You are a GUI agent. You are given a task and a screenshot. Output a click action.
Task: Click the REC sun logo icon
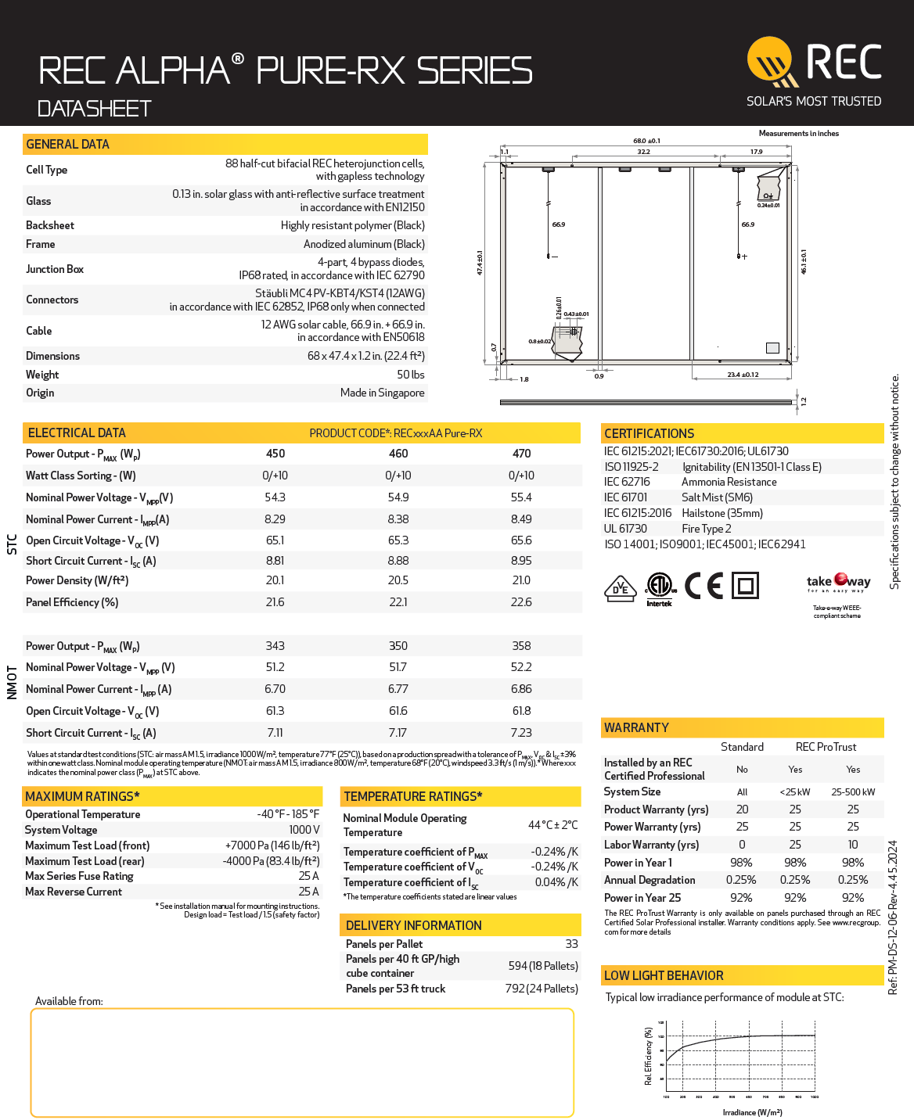pyautogui.click(x=772, y=61)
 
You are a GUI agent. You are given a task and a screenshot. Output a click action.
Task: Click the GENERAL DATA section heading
pyautogui.click(x=67, y=144)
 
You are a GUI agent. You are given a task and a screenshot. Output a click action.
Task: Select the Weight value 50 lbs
pyautogui.click(x=410, y=375)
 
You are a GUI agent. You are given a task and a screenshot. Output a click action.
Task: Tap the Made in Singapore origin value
pyautogui.click(x=382, y=393)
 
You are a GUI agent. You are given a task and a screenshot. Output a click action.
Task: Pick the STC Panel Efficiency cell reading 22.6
pyautogui.click(x=521, y=602)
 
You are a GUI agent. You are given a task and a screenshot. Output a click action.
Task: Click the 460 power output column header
pyautogui.click(x=398, y=454)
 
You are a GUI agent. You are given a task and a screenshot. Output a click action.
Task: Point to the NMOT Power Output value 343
pyautogui.click(x=275, y=646)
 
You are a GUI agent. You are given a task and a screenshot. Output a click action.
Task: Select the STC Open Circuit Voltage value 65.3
pyautogui.click(x=398, y=540)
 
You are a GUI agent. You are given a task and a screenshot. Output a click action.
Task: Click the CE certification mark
pyautogui.click(x=703, y=586)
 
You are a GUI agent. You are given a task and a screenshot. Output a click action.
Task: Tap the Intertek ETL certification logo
pyautogui.click(x=660, y=589)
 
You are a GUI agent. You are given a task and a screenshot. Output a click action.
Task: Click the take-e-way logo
pyautogui.click(x=838, y=583)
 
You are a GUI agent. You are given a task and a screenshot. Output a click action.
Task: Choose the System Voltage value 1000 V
pyautogui.click(x=304, y=830)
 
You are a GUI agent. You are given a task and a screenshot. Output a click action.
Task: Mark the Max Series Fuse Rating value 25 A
pyautogui.click(x=308, y=876)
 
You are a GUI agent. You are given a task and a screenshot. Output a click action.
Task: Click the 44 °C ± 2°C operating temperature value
pyautogui.click(x=552, y=825)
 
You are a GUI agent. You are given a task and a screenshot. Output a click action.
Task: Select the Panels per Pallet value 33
pyautogui.click(x=571, y=944)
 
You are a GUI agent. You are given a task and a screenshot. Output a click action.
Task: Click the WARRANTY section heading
pyautogui.click(x=636, y=727)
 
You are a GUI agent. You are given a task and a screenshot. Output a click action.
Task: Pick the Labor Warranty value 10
pyautogui.click(x=852, y=845)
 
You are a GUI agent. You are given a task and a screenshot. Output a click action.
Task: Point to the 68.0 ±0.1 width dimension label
pyautogui.click(x=646, y=141)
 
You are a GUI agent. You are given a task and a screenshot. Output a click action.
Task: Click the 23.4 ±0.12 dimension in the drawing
pyautogui.click(x=743, y=375)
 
